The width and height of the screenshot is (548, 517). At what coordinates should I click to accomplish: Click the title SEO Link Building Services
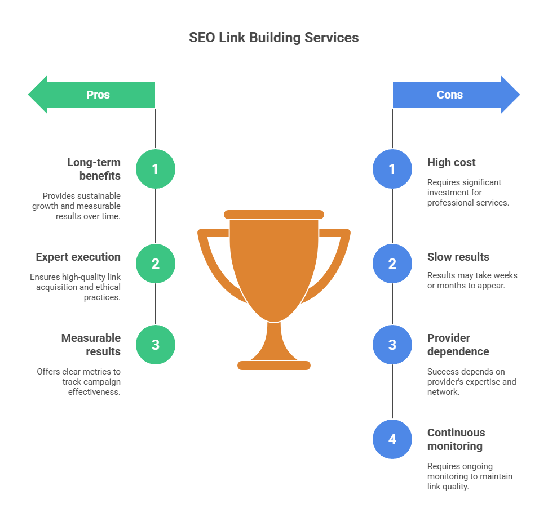tap(273, 38)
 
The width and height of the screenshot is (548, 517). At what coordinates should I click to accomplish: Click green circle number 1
tap(156, 169)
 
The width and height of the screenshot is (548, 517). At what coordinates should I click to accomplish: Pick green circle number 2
tap(156, 264)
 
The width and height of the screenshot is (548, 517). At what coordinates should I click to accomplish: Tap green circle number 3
tap(156, 345)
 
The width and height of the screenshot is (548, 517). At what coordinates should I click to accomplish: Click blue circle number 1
tap(392, 169)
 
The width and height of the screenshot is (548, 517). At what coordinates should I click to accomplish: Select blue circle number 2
tap(392, 264)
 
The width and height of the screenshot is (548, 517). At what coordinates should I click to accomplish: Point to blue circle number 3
tap(392, 345)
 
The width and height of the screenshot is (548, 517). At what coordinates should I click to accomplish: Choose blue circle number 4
tap(392, 439)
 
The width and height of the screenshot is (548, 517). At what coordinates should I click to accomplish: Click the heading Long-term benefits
tap(94, 169)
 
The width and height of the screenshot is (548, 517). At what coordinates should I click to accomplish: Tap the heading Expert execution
tap(78, 257)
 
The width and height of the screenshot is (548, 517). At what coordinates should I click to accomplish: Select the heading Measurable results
tap(91, 345)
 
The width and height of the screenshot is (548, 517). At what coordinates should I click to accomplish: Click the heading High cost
tap(451, 162)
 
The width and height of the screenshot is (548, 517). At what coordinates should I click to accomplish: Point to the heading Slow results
tap(458, 257)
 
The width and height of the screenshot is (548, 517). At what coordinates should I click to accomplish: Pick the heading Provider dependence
tap(458, 345)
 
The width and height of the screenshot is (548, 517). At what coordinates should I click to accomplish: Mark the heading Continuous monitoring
tap(456, 439)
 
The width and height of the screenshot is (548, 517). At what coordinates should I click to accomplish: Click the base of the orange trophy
tap(274, 366)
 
